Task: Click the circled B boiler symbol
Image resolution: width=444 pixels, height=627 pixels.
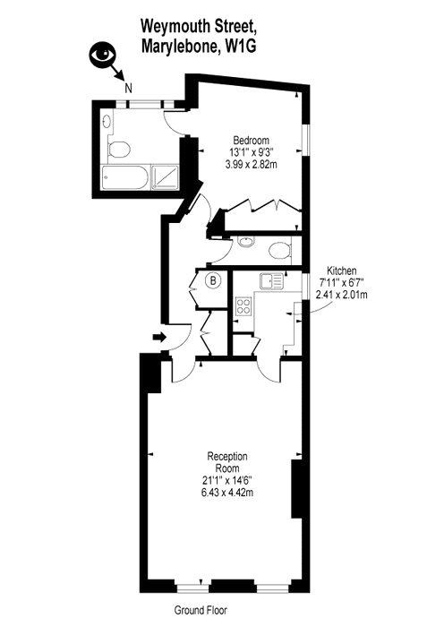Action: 213,281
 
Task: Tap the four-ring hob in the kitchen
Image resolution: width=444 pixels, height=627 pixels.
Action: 242,308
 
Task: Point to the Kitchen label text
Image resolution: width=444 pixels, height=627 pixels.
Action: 342,270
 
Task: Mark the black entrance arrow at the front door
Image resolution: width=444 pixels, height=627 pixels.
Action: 159,337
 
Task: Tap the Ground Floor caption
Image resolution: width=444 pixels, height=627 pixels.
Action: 201,610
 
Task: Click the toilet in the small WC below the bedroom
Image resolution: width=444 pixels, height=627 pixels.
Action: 280,249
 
